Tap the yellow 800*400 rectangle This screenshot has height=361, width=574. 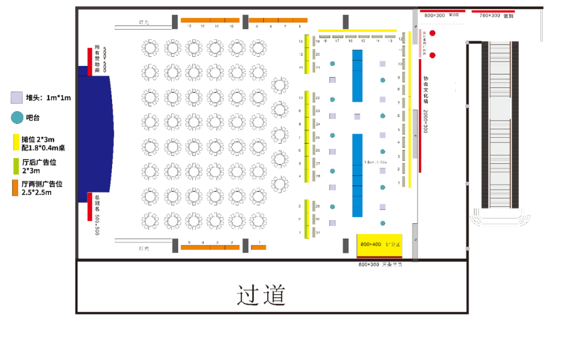pyautogui.click(x=379, y=245)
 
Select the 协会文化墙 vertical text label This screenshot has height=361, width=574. pyautogui.click(x=425, y=89)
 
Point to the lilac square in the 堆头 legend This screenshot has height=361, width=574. pyautogui.click(x=16, y=97)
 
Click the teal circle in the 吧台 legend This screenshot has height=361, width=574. pyautogui.click(x=17, y=117)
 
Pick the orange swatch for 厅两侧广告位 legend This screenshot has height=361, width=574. pyautogui.click(x=15, y=188)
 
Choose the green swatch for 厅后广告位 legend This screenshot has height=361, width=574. pyautogui.click(x=15, y=166)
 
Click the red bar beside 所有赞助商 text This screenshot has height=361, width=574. pyautogui.click(x=90, y=62)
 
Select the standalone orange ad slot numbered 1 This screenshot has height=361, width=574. pyautogui.click(x=258, y=247)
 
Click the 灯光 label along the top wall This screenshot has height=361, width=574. pyautogui.click(x=144, y=23)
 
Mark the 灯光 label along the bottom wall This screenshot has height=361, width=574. pyautogui.click(x=143, y=248)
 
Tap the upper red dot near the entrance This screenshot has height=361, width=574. pyautogui.click(x=433, y=33)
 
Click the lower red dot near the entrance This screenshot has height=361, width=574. pyautogui.click(x=433, y=55)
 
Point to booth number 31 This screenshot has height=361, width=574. pyautogui.click(x=318, y=232)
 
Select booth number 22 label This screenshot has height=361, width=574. pyautogui.click(x=318, y=98)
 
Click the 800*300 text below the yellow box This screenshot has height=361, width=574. pyautogui.click(x=369, y=264)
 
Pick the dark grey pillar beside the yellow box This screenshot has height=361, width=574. pyautogui.click(x=345, y=246)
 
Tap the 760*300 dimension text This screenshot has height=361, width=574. pyautogui.click(x=489, y=16)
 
